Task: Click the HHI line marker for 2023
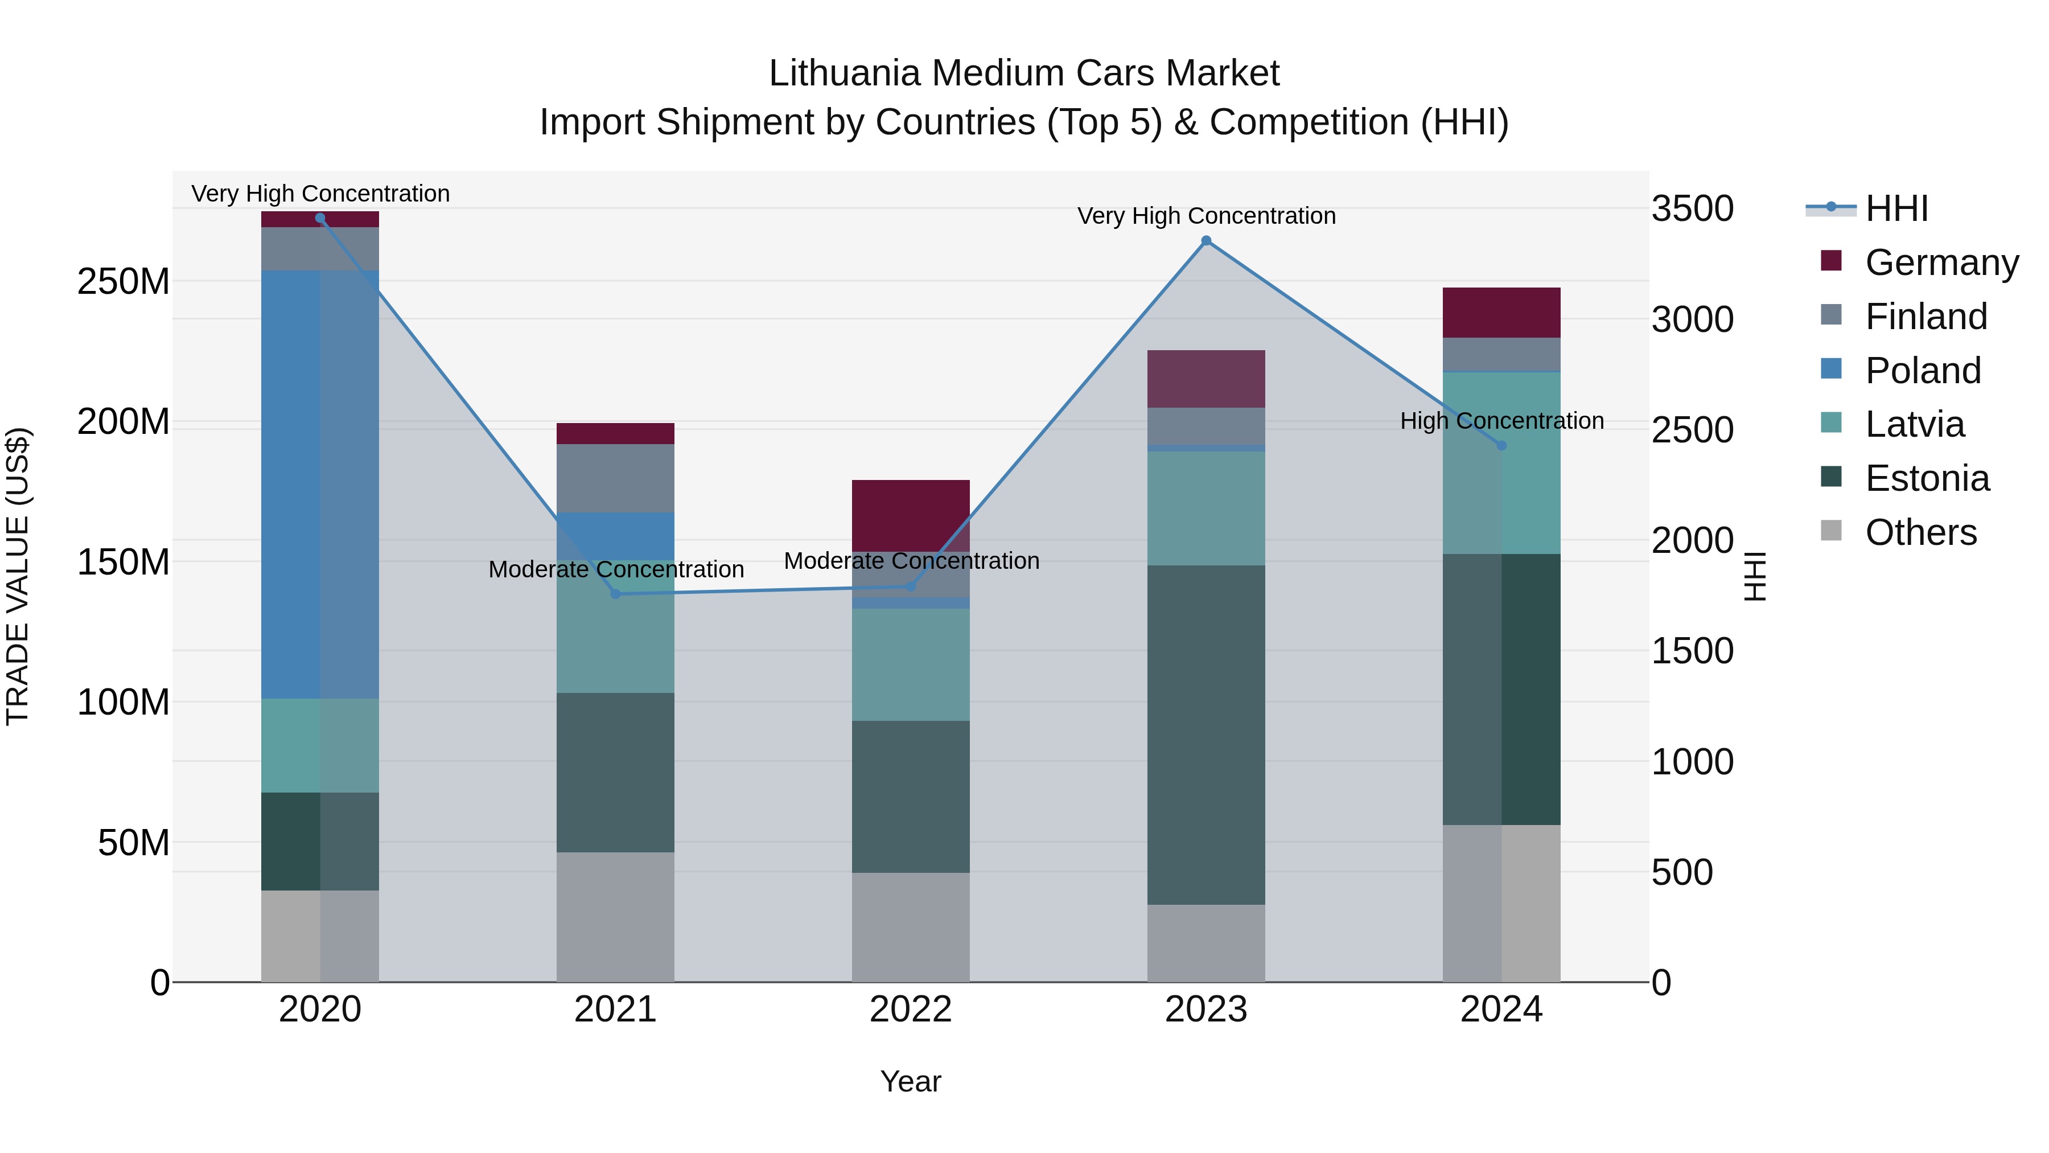click(1206, 240)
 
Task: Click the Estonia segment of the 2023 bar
click(1206, 735)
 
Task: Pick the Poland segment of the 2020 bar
click(320, 484)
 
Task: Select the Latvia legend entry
click(1914, 424)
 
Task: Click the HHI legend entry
click(1896, 208)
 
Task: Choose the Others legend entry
click(1920, 532)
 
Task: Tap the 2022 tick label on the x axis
click(910, 1010)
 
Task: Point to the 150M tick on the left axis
click(124, 563)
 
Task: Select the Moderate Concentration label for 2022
click(911, 560)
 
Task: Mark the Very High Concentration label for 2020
click(320, 194)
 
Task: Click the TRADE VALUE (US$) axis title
click(18, 576)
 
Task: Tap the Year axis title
click(910, 1081)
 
